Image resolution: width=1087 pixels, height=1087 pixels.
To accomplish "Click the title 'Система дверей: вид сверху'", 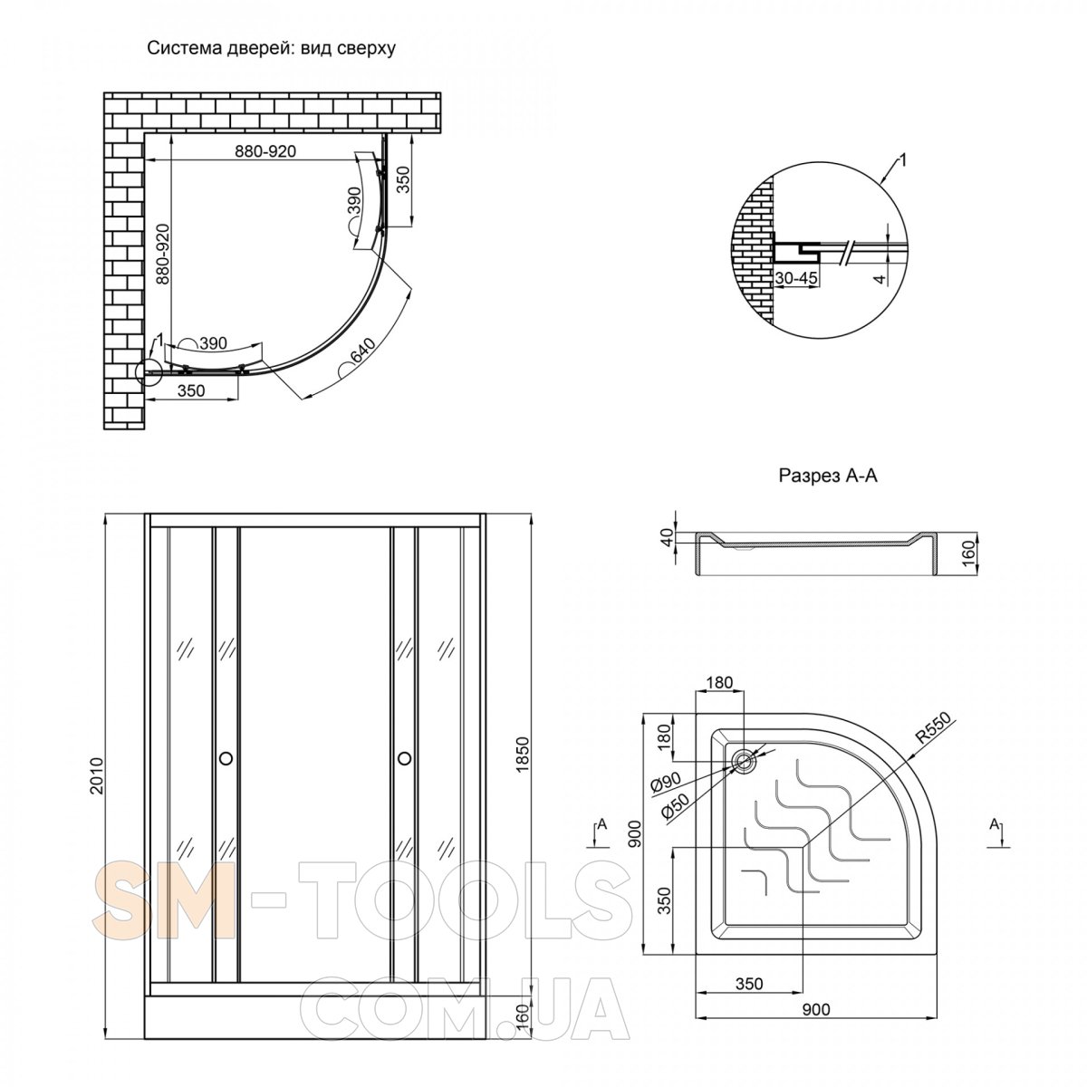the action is (272, 49).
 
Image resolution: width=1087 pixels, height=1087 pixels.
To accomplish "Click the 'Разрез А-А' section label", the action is (828, 476).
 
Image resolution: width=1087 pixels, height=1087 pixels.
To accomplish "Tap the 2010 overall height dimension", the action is (97, 776).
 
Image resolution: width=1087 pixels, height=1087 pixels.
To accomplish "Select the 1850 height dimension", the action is (523, 755).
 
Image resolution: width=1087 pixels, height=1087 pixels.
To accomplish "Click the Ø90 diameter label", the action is (666, 783).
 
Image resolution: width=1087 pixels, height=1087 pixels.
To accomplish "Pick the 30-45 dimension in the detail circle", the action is (795, 278).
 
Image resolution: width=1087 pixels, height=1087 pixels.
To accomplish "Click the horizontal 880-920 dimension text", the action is (265, 151).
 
